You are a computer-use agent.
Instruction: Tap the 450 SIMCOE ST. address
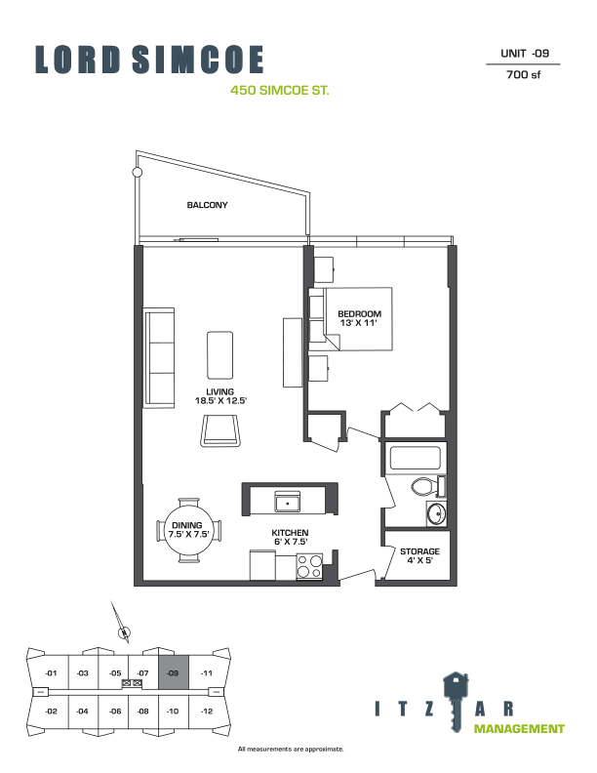click(279, 91)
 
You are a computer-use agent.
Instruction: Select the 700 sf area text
click(524, 73)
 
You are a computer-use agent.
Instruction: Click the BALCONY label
click(207, 206)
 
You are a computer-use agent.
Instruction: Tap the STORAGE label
click(419, 551)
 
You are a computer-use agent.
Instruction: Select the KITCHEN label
click(290, 533)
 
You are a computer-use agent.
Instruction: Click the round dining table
click(189, 531)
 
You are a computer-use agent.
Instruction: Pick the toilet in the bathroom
click(424, 486)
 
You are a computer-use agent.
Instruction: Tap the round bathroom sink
click(436, 513)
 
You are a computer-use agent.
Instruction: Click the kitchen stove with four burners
click(310, 565)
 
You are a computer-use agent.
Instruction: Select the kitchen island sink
click(288, 503)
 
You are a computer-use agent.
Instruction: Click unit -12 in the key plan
click(206, 711)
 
